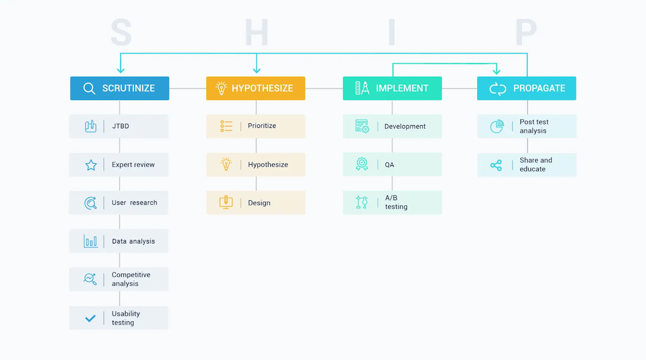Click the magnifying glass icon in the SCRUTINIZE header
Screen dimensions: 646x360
tap(89, 88)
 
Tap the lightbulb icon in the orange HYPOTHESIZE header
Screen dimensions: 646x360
tap(221, 88)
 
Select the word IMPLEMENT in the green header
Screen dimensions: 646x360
tap(402, 88)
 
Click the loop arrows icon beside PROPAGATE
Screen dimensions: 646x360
tap(498, 88)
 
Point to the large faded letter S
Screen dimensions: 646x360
tap(122, 32)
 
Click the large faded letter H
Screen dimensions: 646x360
tap(257, 32)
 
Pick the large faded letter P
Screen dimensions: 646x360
tap(526, 32)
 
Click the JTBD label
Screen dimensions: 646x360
tap(121, 126)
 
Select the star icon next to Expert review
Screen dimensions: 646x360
tap(91, 165)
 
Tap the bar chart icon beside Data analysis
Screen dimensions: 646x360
tap(90, 241)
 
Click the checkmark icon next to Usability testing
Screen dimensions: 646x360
tap(90, 318)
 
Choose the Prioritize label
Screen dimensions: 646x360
tap(262, 126)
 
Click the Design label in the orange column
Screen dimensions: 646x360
tap(259, 203)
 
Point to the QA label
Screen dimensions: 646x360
tap(389, 165)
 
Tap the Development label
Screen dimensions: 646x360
tap(405, 126)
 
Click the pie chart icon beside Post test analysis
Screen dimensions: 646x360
tap(497, 126)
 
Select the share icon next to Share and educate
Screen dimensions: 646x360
tap(496, 165)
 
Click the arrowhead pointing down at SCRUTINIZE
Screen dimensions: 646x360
tap(121, 70)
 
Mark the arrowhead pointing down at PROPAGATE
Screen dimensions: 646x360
tap(496, 71)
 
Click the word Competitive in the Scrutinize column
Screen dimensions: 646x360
tap(131, 275)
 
